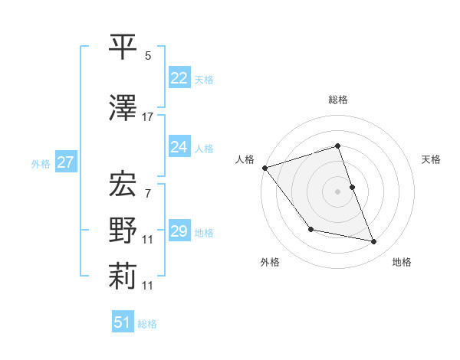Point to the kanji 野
coord(123,230)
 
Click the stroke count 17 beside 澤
coord(148,117)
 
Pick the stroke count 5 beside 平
coord(148,56)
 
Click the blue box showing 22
coord(179,77)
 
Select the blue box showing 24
coord(179,146)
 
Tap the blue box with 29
coord(179,231)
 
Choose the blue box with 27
coord(66,162)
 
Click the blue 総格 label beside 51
coord(147,324)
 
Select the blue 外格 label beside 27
coord(41,163)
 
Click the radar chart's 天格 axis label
coord(432,159)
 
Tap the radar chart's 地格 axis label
coord(402,262)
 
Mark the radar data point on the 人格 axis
coord(264,168)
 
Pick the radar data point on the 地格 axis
coord(374,242)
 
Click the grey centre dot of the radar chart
coord(337,191)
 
